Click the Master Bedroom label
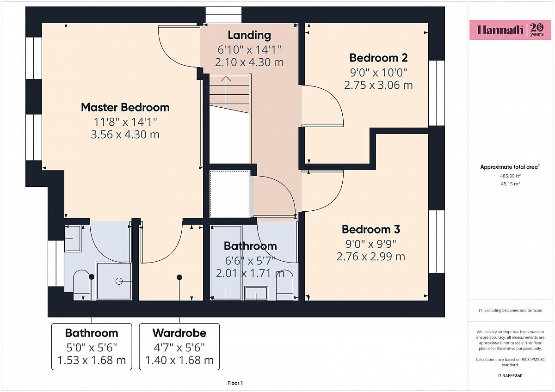125,107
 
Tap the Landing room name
249,35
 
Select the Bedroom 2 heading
378,58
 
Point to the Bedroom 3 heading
371,229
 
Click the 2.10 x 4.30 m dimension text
249,62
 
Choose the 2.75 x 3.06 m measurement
378,85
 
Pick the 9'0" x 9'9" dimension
371,244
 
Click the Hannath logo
511,30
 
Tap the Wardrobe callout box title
179,333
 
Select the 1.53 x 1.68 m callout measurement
92,360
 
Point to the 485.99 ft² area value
510,176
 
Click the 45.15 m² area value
510,184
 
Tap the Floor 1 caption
235,383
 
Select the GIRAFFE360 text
510,376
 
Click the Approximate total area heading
510,167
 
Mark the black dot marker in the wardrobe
179,277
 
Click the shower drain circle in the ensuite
119,282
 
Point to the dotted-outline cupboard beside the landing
230,194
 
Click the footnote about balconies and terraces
510,310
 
